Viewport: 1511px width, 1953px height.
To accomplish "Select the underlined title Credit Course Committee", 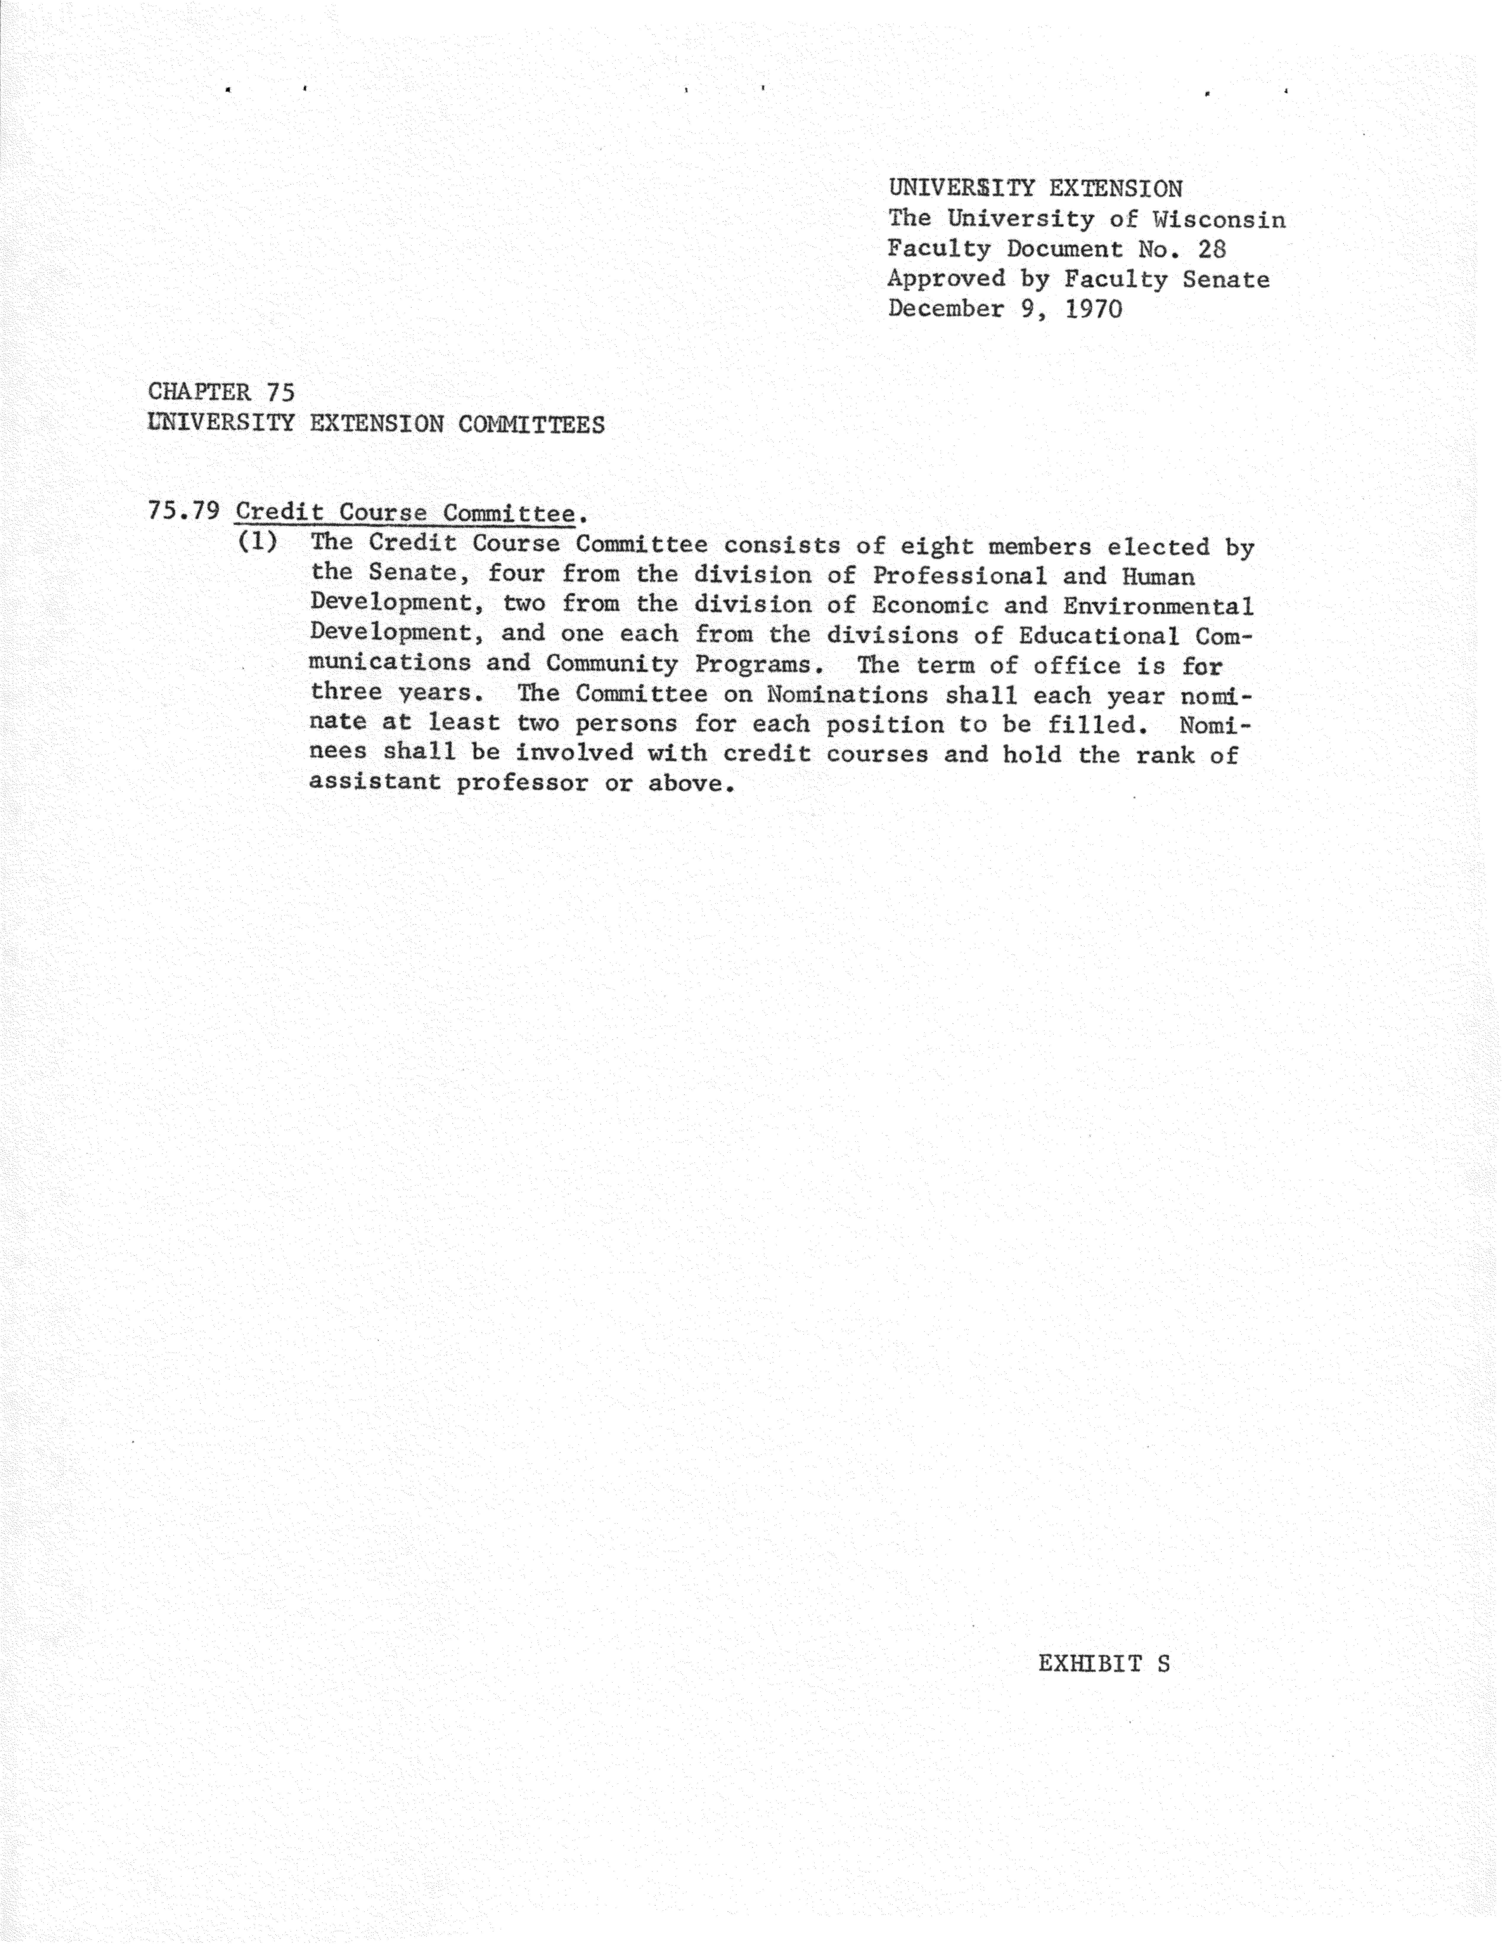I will point(404,513).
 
